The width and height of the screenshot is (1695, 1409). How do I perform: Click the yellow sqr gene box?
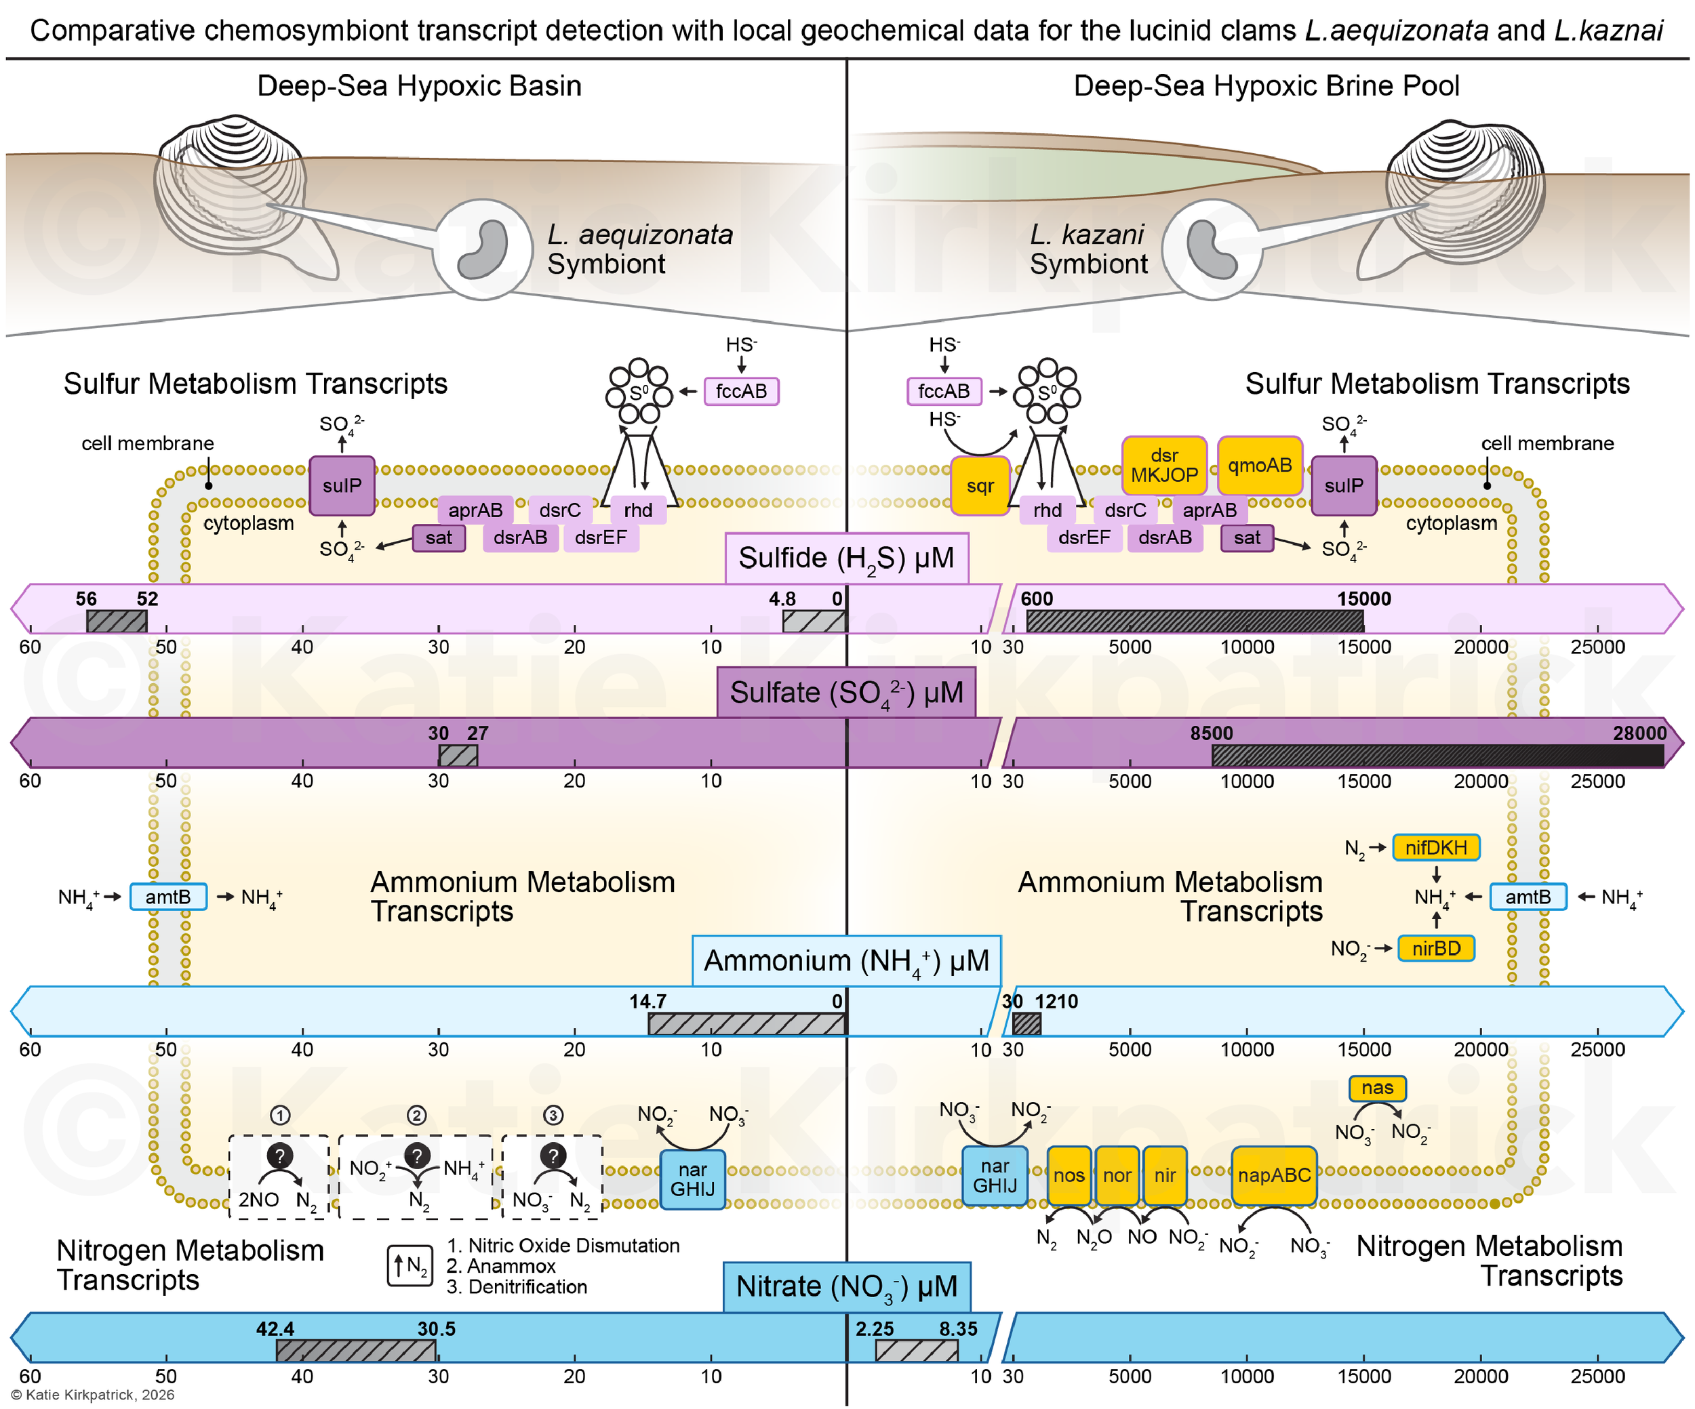(x=980, y=486)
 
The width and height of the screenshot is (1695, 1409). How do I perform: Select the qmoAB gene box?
(x=1260, y=466)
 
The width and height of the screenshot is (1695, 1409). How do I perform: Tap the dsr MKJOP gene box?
(x=1164, y=466)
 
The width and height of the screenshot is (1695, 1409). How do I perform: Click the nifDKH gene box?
(x=1436, y=847)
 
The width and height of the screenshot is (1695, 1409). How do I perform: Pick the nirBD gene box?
(x=1436, y=948)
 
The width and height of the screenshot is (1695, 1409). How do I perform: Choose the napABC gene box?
(x=1274, y=1176)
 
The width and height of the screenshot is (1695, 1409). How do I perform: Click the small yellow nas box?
(x=1377, y=1088)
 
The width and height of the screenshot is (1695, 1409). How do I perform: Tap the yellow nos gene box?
(x=1069, y=1176)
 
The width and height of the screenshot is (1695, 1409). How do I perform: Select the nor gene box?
(x=1117, y=1176)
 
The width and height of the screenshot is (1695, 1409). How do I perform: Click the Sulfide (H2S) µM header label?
(x=847, y=558)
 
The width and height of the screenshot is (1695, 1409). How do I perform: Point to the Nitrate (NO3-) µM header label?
(x=847, y=1286)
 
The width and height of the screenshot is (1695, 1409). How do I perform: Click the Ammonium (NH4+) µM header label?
(x=847, y=961)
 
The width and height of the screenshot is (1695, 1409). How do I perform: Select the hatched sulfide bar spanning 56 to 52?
(x=117, y=621)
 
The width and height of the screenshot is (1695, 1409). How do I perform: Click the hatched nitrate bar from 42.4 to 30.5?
(x=356, y=1351)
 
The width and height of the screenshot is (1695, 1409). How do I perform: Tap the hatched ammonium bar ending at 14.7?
(x=747, y=1024)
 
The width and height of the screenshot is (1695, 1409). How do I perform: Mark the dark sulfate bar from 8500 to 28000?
(x=1437, y=756)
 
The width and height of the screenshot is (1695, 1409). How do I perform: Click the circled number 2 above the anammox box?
(x=416, y=1116)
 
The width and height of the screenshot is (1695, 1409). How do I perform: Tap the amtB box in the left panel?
(x=168, y=897)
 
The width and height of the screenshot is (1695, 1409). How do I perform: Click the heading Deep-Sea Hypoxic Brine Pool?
(x=1267, y=85)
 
